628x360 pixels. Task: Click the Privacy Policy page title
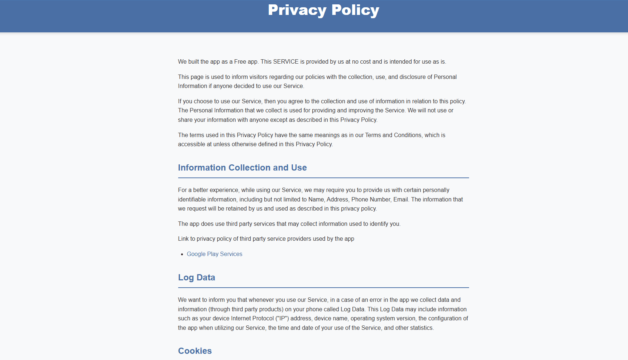click(x=323, y=10)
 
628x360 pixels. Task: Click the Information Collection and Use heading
click(x=242, y=168)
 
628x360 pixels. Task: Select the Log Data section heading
click(x=196, y=277)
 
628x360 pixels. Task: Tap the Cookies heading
click(x=195, y=351)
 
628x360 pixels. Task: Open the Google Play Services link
click(x=214, y=254)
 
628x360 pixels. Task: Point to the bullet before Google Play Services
click(x=182, y=255)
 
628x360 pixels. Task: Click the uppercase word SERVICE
click(x=286, y=62)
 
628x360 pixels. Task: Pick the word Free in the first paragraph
click(x=240, y=62)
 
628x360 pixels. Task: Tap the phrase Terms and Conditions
click(x=393, y=135)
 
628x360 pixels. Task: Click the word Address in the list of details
click(x=337, y=200)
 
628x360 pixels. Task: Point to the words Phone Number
click(x=371, y=200)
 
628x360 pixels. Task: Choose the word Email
click(x=401, y=200)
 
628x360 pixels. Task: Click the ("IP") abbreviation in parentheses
click(x=282, y=319)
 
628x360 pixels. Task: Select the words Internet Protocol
click(x=252, y=319)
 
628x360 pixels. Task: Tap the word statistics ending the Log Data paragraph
click(x=421, y=328)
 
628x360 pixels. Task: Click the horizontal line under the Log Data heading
click(x=323, y=288)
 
